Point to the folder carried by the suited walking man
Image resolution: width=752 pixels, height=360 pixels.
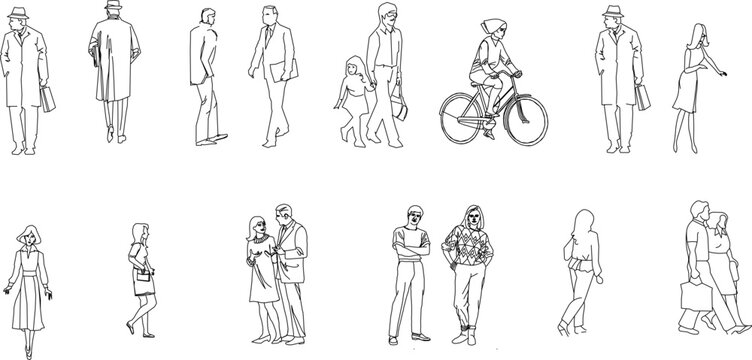point(286,72)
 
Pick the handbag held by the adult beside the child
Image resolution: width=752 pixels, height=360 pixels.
point(400,105)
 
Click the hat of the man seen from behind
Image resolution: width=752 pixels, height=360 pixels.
point(112,7)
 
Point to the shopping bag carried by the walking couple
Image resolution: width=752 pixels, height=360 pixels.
point(693,297)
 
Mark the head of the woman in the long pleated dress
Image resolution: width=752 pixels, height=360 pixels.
point(30,238)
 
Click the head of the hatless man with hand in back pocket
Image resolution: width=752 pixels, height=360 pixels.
point(205,19)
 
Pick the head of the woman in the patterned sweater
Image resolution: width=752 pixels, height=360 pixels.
point(470,216)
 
